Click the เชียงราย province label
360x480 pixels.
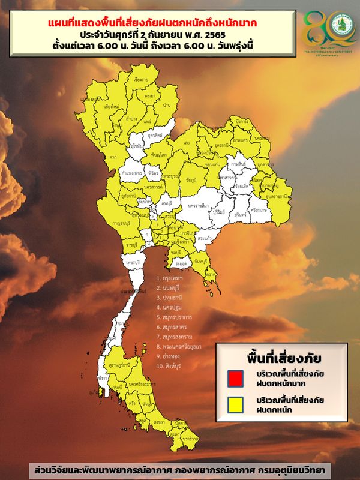click(x=142, y=79)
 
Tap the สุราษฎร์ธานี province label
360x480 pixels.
click(x=119, y=364)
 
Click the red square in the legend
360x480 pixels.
click(x=235, y=379)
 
